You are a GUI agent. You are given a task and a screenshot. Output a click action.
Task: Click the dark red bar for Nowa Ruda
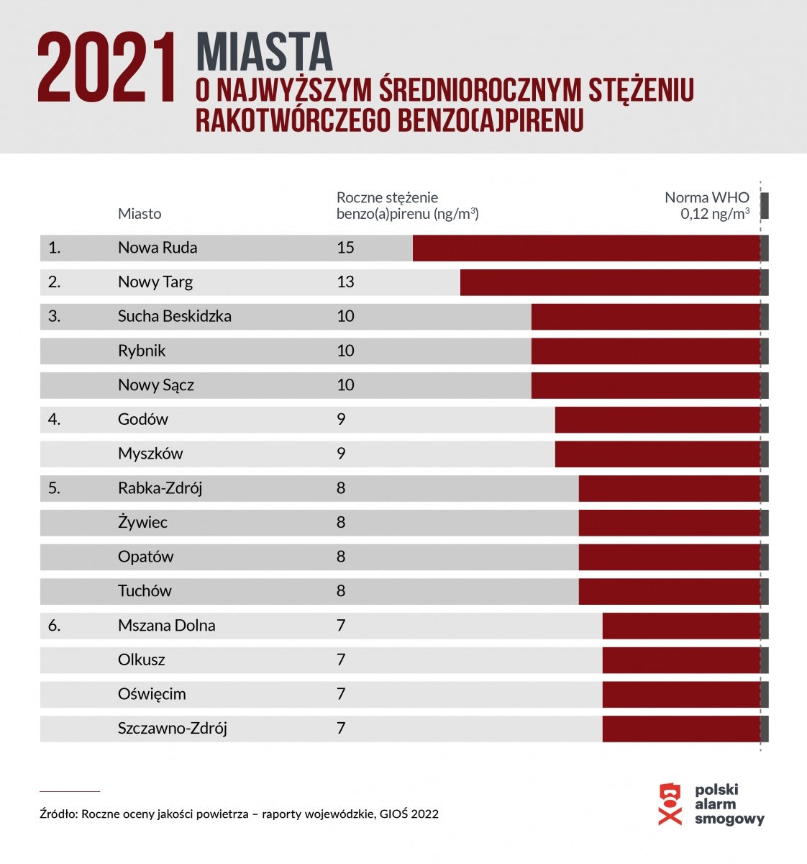click(x=586, y=248)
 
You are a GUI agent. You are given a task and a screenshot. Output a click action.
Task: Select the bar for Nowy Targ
click(x=610, y=282)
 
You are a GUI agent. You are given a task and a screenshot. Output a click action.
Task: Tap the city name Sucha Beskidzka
click(x=175, y=316)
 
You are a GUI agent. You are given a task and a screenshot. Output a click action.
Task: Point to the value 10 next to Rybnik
click(x=345, y=351)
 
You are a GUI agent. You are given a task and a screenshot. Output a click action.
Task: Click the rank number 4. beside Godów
click(x=54, y=419)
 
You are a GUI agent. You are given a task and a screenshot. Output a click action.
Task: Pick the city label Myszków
click(x=150, y=454)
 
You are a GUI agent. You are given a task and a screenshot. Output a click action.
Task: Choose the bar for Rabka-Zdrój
click(x=669, y=488)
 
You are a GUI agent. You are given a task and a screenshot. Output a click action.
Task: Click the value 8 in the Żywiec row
click(x=341, y=522)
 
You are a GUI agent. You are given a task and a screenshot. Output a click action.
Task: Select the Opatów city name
click(x=146, y=557)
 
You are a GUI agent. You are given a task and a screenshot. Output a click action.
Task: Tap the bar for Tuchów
click(x=669, y=591)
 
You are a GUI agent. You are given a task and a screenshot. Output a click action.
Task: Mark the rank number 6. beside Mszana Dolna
click(x=54, y=626)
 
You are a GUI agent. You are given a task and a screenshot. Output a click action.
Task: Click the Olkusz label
click(x=142, y=660)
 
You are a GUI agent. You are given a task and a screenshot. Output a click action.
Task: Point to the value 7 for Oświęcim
click(x=341, y=694)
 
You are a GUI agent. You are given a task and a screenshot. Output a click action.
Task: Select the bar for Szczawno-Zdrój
click(x=681, y=729)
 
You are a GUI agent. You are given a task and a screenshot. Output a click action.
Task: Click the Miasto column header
click(x=140, y=214)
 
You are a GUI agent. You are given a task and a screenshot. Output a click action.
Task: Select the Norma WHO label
click(x=707, y=197)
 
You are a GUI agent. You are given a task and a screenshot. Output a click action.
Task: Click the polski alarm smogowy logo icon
click(x=670, y=804)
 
